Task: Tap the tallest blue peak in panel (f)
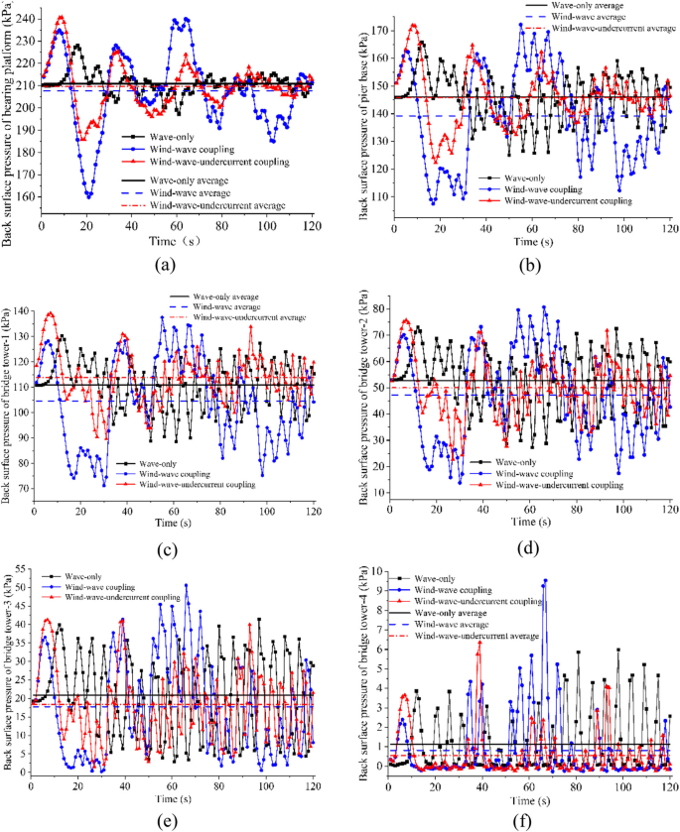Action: click(544, 580)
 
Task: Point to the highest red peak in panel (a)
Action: click(61, 17)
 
